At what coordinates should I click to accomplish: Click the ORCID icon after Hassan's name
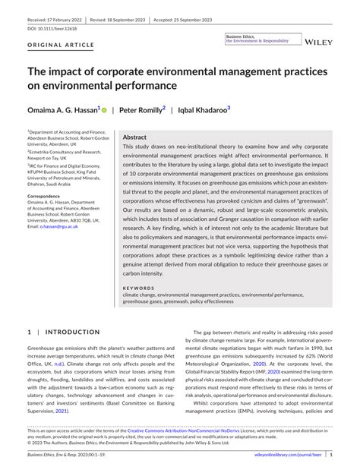pos(104,110)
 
